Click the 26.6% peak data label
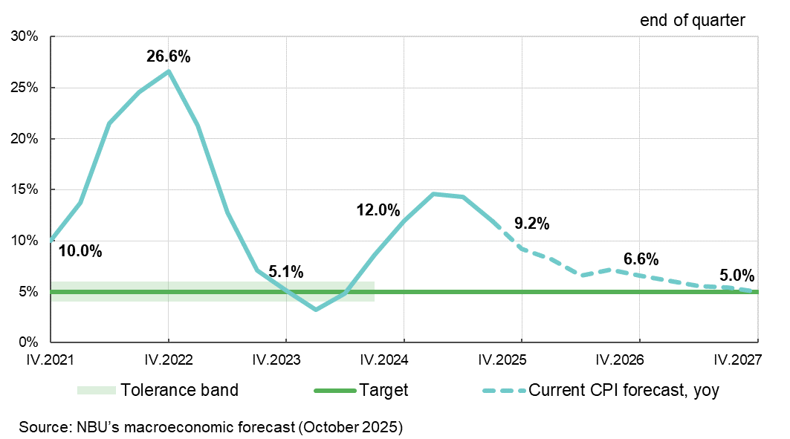(x=168, y=56)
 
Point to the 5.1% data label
(x=285, y=272)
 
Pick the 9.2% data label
(x=531, y=224)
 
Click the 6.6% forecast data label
(x=641, y=259)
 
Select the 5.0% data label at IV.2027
(x=736, y=275)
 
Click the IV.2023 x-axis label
(x=285, y=360)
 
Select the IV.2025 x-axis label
(x=521, y=360)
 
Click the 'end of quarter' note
(x=692, y=21)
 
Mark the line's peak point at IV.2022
(x=169, y=71)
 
